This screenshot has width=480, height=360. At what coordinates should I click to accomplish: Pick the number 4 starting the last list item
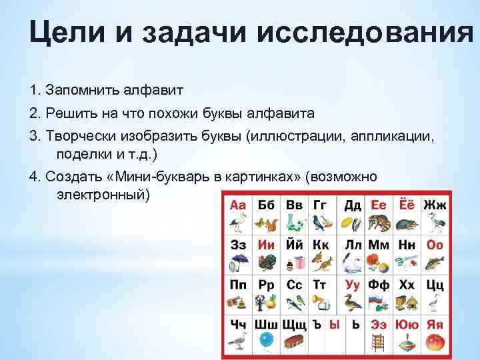[34, 177]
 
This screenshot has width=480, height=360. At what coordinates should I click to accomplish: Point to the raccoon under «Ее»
[379, 223]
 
